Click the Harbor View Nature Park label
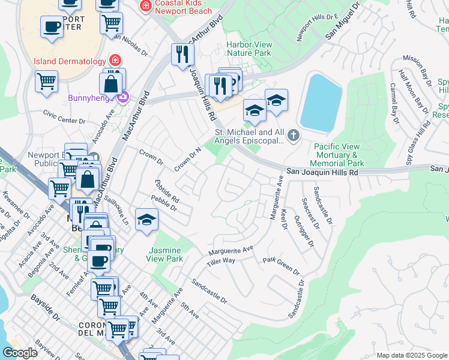coord(249,49)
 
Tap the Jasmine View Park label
coord(164,254)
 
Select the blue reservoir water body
coord(321,102)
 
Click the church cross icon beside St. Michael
coord(293,136)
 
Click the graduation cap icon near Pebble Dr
coord(146,220)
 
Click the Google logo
coord(20,353)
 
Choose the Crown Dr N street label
coord(187,158)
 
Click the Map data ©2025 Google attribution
coord(411,355)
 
